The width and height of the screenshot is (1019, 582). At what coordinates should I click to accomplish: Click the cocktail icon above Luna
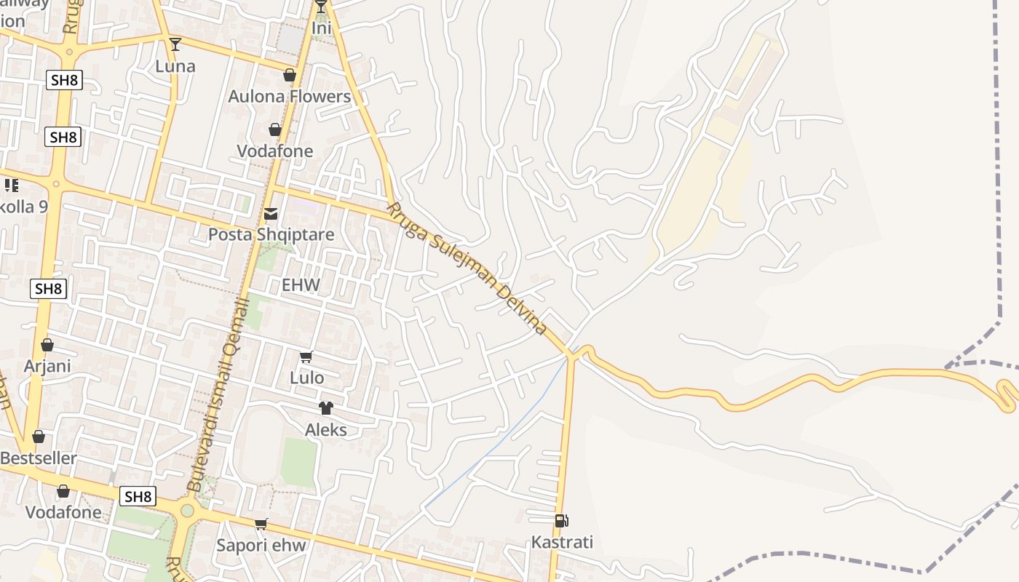pos(175,44)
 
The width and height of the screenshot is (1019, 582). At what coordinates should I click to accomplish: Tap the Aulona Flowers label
pos(289,96)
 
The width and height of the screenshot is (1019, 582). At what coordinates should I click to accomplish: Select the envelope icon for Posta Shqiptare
pos(271,214)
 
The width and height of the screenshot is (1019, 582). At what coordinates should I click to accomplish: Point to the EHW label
pos(301,284)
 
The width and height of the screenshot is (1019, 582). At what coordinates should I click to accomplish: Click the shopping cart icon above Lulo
pos(306,356)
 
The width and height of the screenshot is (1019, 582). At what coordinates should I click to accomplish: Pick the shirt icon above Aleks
pos(325,408)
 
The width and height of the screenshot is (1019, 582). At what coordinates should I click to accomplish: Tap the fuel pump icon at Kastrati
pos(561,521)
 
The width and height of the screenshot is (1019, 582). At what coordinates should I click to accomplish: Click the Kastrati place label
pos(562,542)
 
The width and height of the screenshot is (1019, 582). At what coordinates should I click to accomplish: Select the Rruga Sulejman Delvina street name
pos(467,268)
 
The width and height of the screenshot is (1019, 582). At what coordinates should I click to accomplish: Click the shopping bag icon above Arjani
pos(47,345)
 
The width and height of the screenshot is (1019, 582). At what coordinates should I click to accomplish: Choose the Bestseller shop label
pos(39,458)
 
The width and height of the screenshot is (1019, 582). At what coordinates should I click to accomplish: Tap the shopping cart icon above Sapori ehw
pos(261,524)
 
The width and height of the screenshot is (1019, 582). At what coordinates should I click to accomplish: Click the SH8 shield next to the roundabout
pos(138,497)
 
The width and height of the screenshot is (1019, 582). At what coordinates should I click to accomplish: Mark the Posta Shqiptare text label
pos(271,234)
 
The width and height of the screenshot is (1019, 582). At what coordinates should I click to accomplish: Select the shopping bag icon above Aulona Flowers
pos(290,75)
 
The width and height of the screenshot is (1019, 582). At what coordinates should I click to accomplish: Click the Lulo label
pos(306,378)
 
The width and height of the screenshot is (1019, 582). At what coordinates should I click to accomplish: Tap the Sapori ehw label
pos(261,545)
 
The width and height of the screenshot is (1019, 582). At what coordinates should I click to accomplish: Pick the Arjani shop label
pos(47,365)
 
